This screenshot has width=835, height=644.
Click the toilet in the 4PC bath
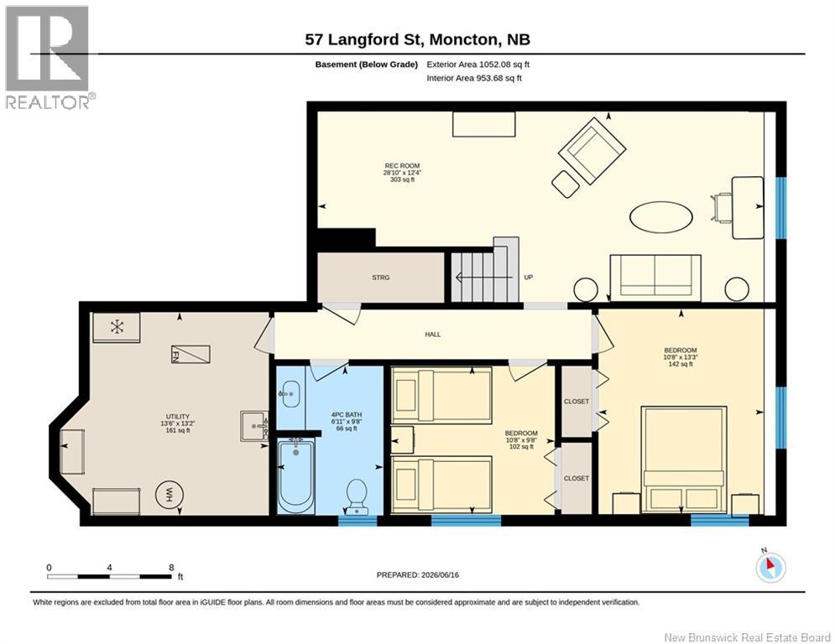point(357,496)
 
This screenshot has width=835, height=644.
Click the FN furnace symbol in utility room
point(190,354)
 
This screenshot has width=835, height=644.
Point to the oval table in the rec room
point(660,216)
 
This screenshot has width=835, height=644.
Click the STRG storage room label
point(381,278)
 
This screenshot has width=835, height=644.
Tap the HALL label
point(433,335)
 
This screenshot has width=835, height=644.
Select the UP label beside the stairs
point(528,278)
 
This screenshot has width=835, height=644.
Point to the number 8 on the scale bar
point(171,568)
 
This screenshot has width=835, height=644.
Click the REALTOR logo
point(48,58)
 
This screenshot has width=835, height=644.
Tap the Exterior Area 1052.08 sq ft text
point(478,65)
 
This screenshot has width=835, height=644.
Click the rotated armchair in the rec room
point(592,151)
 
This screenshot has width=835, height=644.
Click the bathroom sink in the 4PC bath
point(290,394)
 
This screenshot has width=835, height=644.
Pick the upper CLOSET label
point(577,402)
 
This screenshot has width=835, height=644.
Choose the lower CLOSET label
point(577,479)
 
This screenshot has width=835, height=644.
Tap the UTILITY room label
point(177,417)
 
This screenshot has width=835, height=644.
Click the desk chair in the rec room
point(722,208)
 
